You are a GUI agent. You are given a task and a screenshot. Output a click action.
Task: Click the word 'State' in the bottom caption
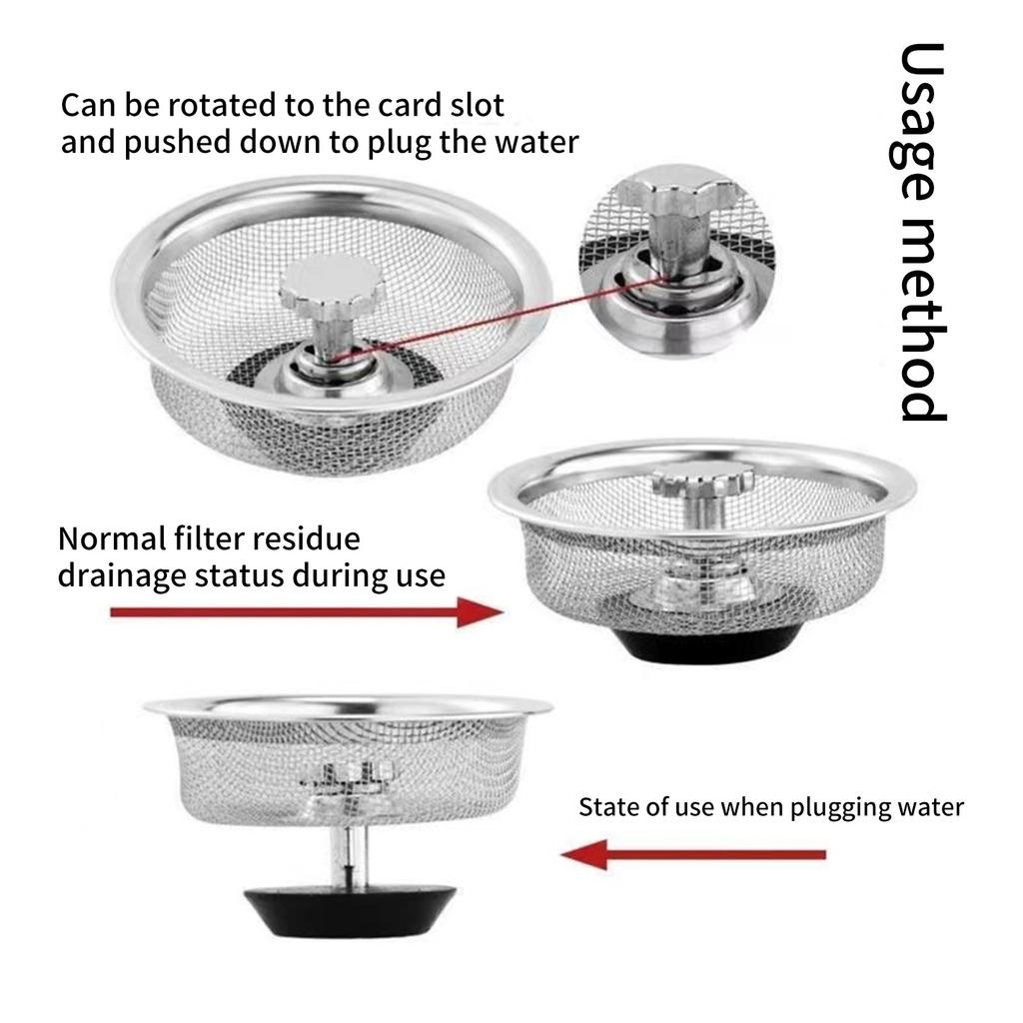pyautogui.click(x=607, y=807)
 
